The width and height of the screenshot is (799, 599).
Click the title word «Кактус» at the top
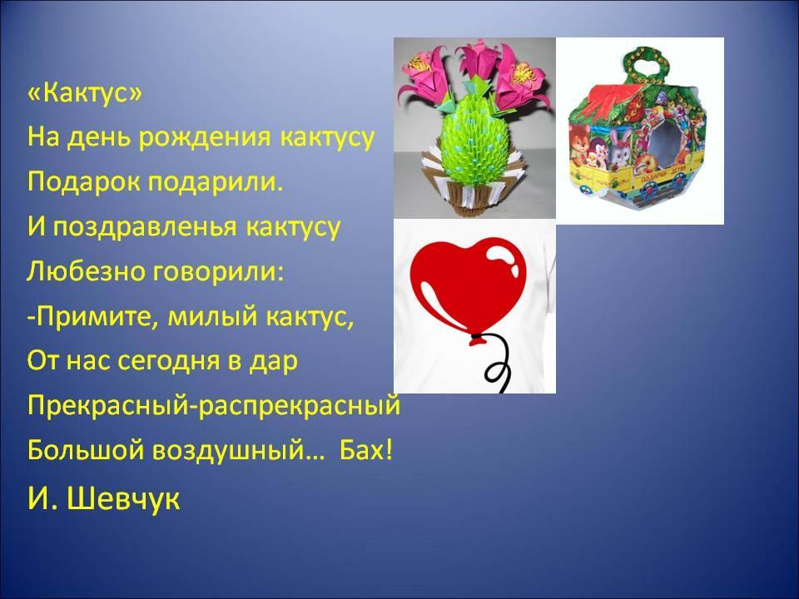tap(85, 92)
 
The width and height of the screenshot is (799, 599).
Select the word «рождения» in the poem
tap(204, 137)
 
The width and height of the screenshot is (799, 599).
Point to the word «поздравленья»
tap(145, 227)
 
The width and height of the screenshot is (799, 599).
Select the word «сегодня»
tap(168, 362)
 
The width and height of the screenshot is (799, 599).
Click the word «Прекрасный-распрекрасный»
tap(214, 407)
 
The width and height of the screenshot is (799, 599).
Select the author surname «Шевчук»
tap(123, 499)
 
